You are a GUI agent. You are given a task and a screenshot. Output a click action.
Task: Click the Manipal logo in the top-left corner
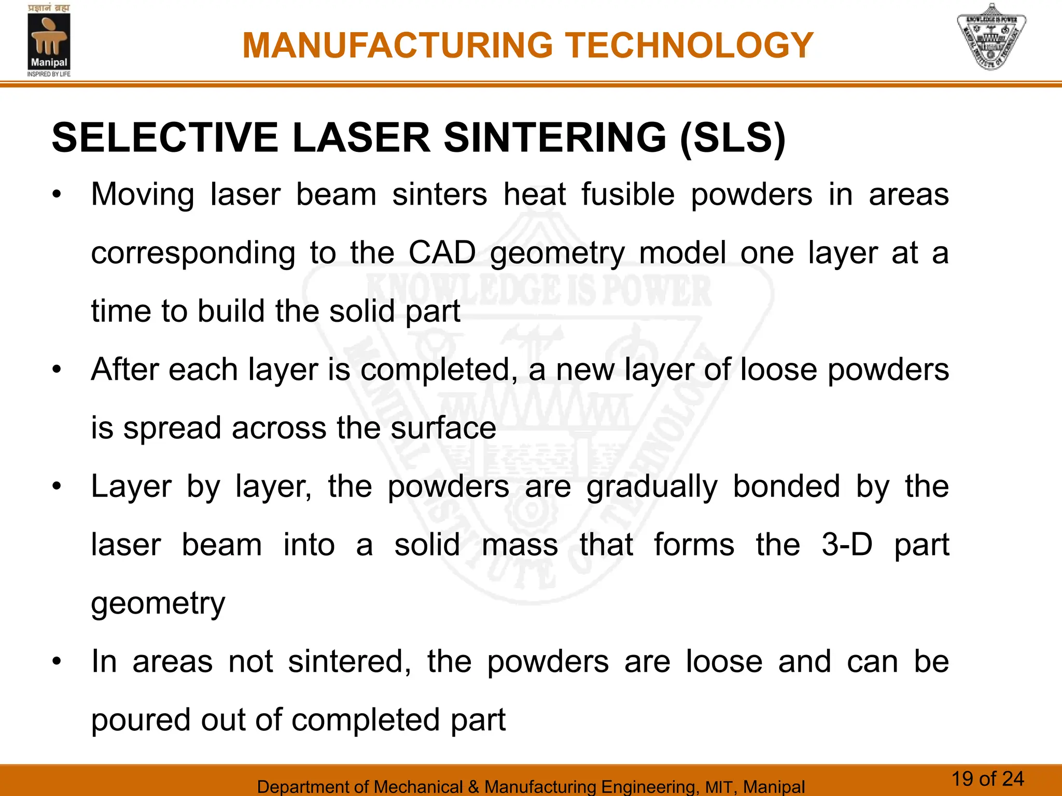tap(49, 40)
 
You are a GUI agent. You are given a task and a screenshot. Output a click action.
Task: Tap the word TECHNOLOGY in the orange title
tap(689, 46)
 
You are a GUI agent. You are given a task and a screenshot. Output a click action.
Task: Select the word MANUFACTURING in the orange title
tap(398, 46)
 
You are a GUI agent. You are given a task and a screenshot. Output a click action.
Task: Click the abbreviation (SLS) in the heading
tap(732, 138)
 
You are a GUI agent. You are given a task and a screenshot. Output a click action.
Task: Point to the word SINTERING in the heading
tap(555, 138)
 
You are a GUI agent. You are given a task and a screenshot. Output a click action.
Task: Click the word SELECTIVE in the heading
tap(165, 138)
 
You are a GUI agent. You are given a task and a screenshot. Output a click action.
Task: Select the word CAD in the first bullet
tap(442, 253)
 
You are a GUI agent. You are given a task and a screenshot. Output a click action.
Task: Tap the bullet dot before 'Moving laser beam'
tap(57, 196)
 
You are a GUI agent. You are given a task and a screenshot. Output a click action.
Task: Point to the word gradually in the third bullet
tap(652, 487)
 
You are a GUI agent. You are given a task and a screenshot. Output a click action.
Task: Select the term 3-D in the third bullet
tap(847, 545)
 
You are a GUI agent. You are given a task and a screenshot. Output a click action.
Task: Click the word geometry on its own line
tap(158, 604)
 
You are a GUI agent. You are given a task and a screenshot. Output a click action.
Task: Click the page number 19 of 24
tap(987, 779)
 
